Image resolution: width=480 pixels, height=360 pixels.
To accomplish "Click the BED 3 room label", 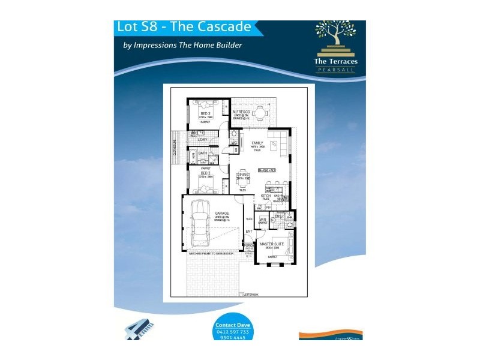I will point(205,113).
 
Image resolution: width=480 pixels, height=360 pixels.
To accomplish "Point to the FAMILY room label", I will point(258,143).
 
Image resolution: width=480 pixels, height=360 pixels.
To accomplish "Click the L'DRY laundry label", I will point(202,140).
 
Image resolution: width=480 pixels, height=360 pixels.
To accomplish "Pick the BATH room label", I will point(202,153).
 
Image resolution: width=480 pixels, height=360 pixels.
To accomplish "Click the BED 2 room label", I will point(205,173).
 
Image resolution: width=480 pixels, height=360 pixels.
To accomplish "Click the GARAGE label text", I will point(214,213).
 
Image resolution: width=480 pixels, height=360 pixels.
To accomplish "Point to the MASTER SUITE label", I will point(272,244).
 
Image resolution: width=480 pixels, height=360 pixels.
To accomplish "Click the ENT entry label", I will point(248,231).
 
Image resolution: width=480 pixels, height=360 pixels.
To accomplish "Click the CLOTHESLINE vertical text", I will point(175,146).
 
